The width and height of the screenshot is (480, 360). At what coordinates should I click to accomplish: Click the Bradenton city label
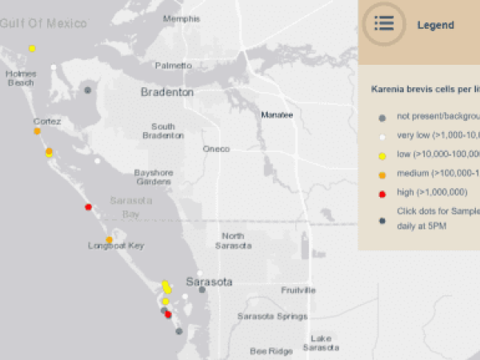click(167, 93)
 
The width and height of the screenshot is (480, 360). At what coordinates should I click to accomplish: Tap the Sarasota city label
click(209, 282)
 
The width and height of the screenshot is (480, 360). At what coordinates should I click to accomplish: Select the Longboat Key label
click(116, 246)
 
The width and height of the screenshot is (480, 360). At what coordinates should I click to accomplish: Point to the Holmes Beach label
click(20, 78)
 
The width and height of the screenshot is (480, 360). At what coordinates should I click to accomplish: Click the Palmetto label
click(174, 65)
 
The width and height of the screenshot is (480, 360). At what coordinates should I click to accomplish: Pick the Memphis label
click(182, 18)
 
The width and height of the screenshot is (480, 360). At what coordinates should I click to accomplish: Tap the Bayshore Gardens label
click(153, 177)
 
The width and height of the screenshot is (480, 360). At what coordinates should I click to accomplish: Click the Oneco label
click(216, 149)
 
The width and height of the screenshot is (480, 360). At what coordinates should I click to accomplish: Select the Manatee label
click(277, 115)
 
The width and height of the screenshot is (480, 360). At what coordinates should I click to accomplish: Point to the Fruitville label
click(298, 290)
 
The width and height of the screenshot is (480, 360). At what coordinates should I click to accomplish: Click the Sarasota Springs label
click(272, 317)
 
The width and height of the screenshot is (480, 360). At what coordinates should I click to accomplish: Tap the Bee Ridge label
click(271, 350)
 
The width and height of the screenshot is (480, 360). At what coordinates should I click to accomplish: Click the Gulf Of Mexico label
click(43, 24)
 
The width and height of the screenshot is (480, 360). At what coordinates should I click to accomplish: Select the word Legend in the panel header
click(436, 25)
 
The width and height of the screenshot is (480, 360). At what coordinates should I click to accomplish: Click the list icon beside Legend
click(384, 23)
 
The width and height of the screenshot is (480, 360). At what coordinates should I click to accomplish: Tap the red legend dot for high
click(382, 194)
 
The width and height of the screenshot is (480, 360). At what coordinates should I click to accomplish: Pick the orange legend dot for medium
click(382, 173)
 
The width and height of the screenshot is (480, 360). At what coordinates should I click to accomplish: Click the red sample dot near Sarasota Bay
click(89, 207)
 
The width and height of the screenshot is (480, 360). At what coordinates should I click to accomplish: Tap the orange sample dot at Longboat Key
click(109, 239)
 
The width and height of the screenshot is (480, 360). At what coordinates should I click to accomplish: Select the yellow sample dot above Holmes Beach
click(32, 49)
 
